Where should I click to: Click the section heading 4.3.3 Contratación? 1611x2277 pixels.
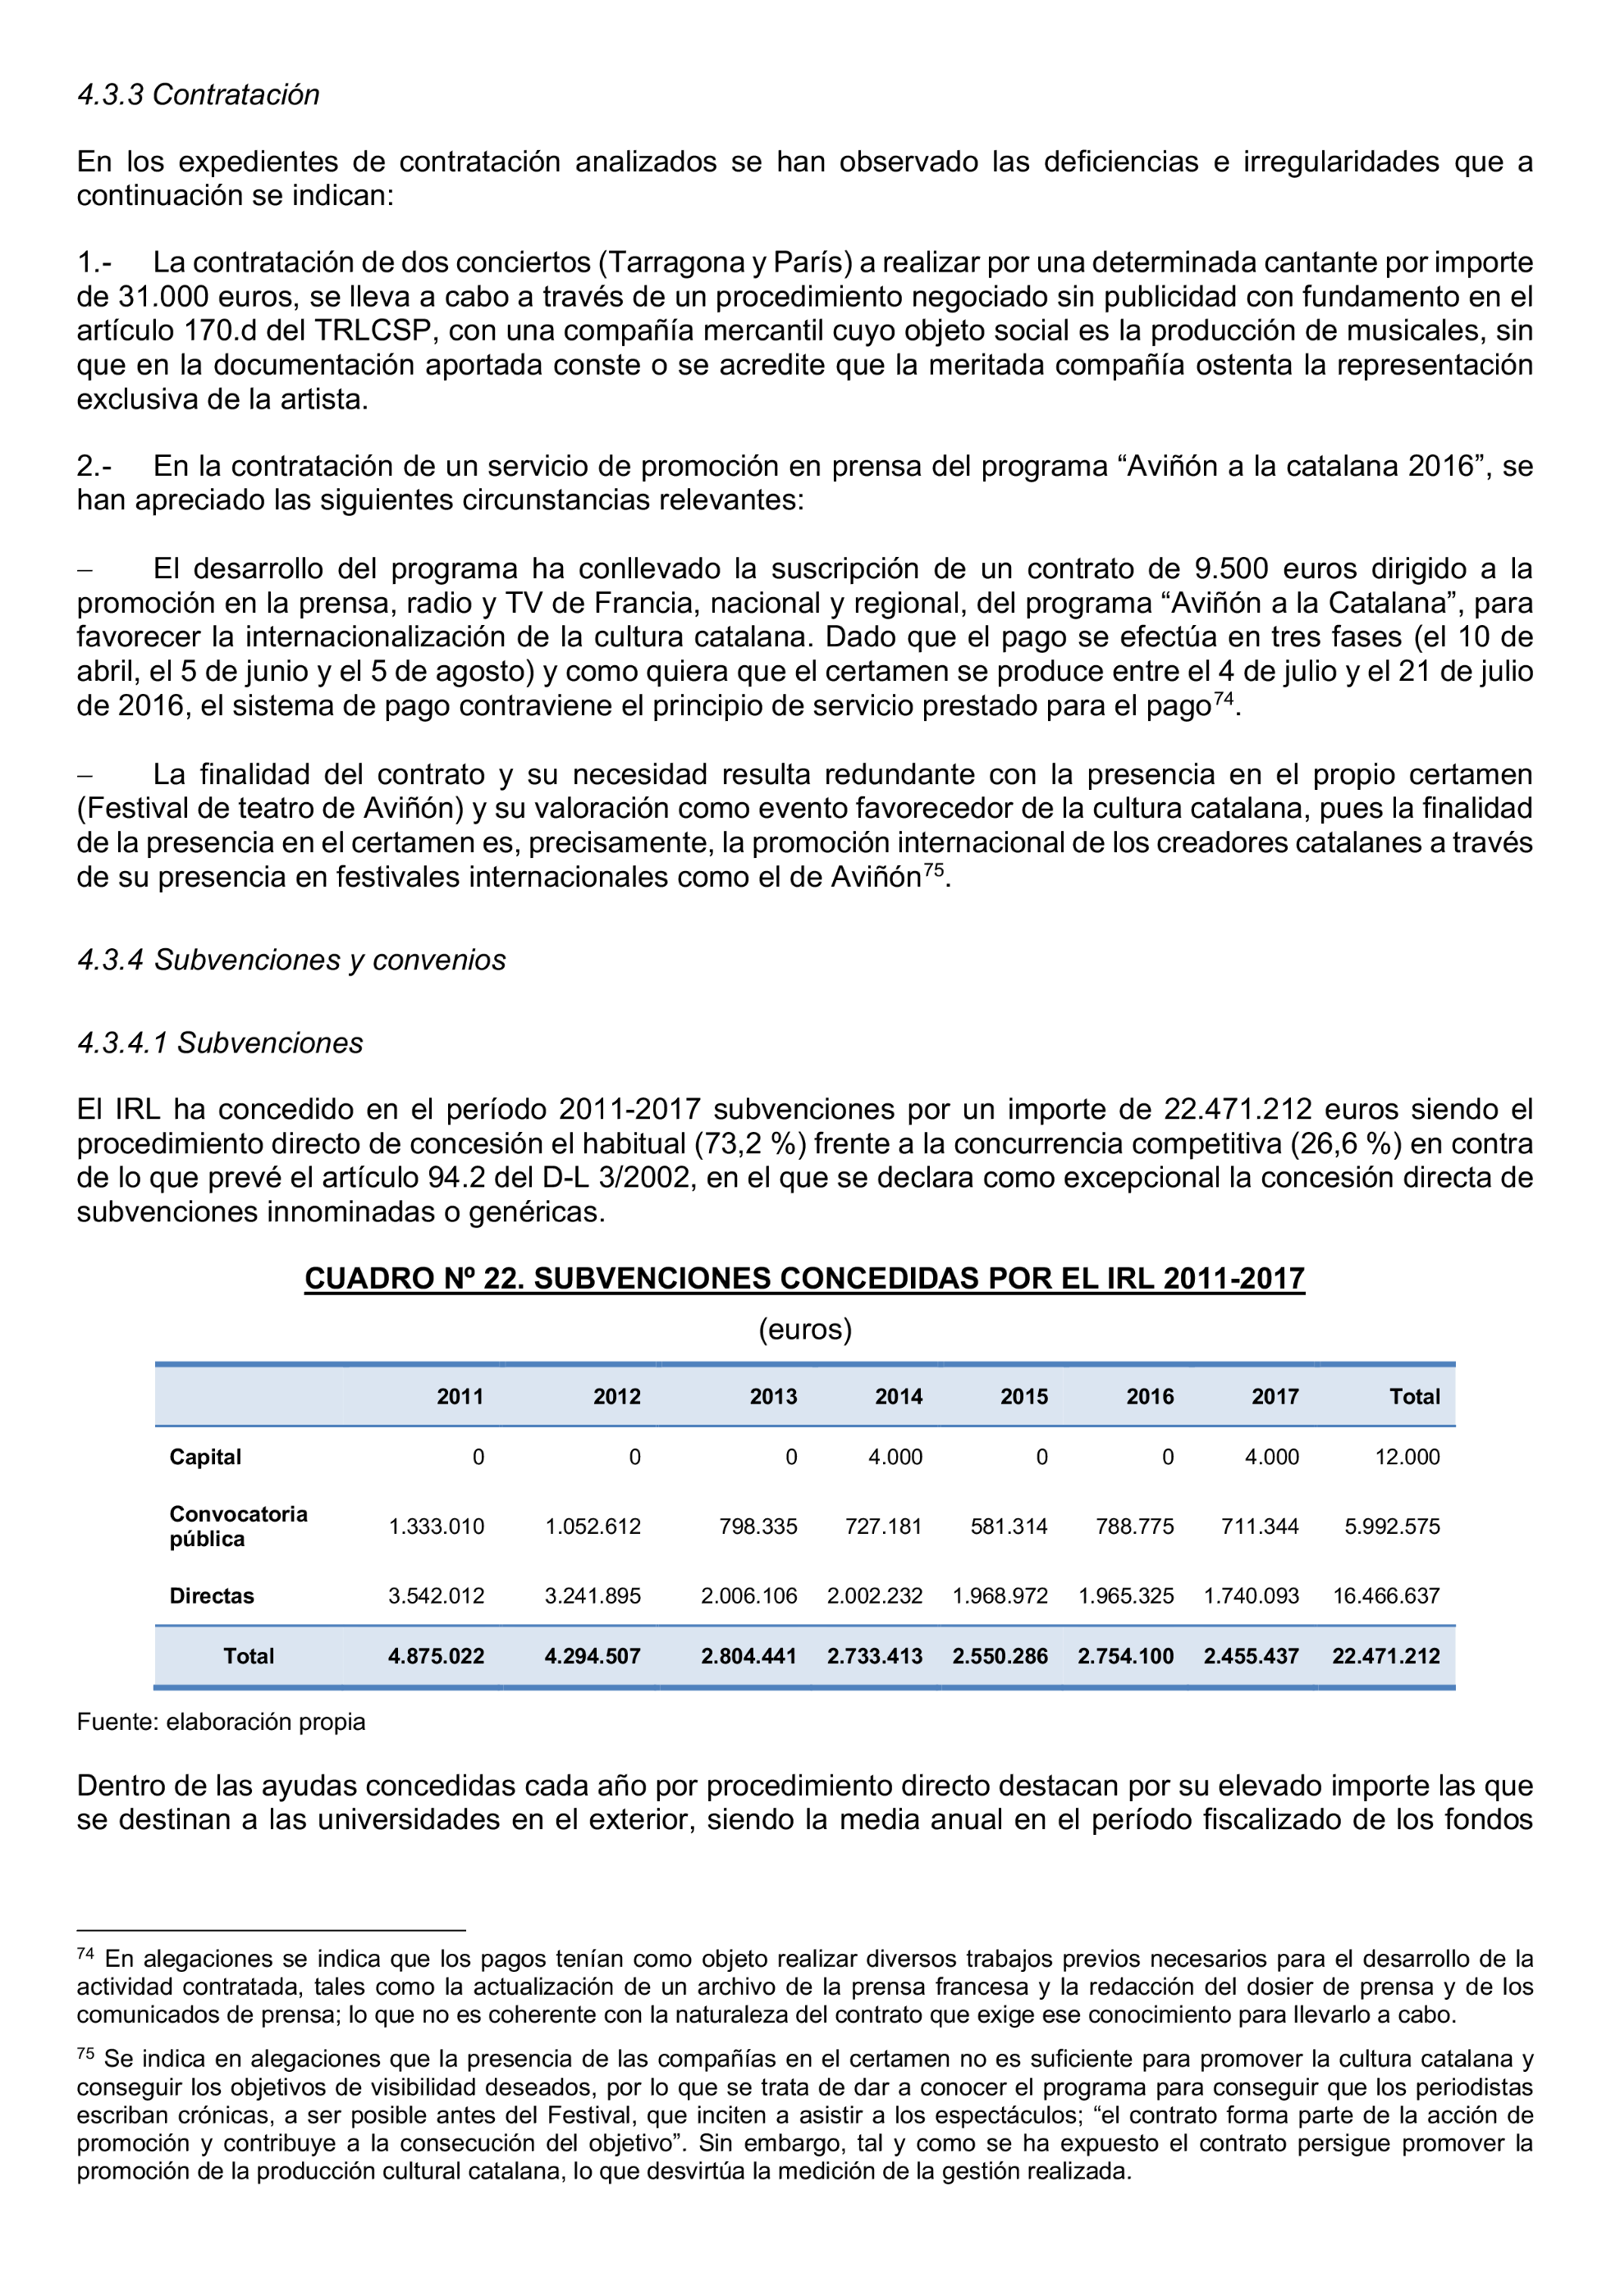coord(199,95)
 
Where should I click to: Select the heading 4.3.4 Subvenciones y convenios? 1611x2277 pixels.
coord(291,960)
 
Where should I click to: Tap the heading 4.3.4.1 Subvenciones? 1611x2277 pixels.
coord(220,1043)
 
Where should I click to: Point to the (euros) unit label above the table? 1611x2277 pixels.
coord(804,1329)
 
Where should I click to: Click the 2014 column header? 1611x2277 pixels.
coord(898,1396)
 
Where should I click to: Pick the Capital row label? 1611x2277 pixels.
coord(205,1457)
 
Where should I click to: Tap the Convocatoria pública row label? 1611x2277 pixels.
coord(238,1526)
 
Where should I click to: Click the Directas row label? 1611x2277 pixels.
coord(211,1595)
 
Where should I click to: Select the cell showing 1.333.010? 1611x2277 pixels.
coord(436,1526)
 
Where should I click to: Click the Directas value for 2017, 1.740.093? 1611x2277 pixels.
coord(1250,1595)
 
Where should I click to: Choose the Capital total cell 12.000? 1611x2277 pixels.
coord(1407,1457)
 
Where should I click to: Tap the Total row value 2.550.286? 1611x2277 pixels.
coord(999,1656)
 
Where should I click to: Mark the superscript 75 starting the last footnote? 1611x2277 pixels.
coord(85,2053)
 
